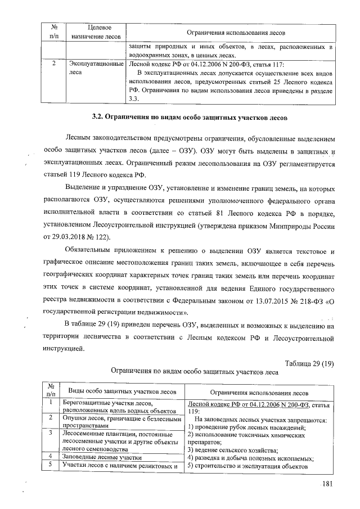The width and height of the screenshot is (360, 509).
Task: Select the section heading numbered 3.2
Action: pos(190,118)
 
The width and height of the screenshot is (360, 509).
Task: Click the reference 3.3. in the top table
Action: pos(134,99)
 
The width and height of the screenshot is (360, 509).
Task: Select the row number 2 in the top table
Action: pos(52,64)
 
